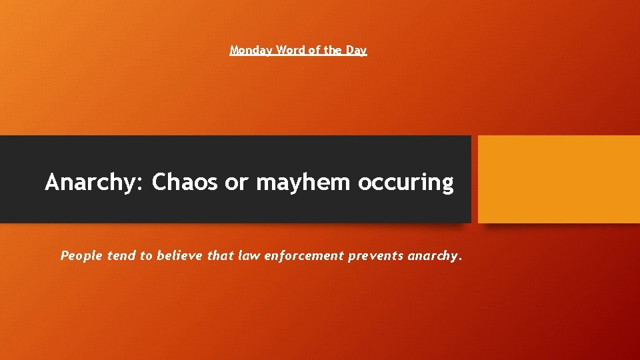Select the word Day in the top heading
click(357, 50)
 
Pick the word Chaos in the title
click(185, 182)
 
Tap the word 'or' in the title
click(236, 182)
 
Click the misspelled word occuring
click(406, 182)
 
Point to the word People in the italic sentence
click(80, 255)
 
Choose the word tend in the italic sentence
click(121, 255)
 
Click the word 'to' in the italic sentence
click(146, 255)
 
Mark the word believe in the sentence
click(179, 255)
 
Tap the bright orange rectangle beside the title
click(559, 179)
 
